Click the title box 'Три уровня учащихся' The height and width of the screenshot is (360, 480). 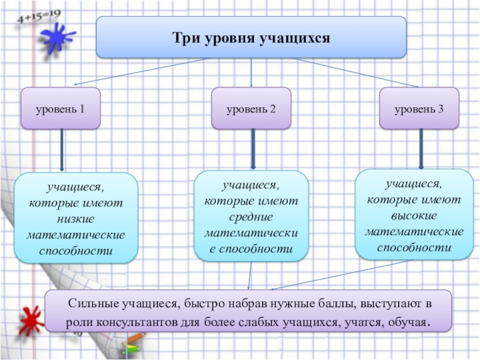coord(251,37)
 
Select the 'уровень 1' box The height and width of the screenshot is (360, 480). coord(59,109)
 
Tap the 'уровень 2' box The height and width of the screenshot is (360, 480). coord(251,109)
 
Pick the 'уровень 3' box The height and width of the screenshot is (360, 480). coord(419,109)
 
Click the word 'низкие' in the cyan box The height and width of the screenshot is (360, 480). coord(76,218)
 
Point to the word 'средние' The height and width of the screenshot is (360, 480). coord(251,216)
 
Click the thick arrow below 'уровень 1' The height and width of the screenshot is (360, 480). coord(62,150)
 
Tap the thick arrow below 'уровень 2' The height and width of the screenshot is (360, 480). coord(253,149)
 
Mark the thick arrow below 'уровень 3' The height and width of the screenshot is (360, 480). coord(421,148)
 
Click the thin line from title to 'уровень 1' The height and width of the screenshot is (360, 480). coord(138,71)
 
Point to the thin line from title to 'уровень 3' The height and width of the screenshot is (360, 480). coord(354,73)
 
